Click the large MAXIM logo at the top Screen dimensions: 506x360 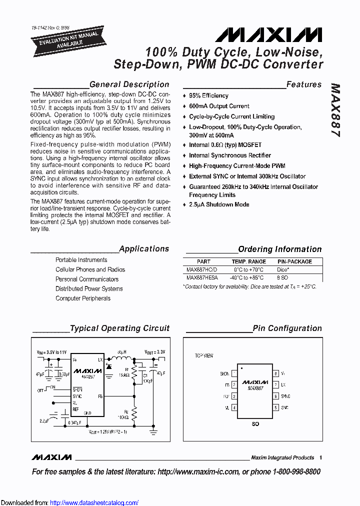coord(268,34)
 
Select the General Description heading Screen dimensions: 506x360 coord(129,84)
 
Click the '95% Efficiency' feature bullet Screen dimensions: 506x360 coord(208,95)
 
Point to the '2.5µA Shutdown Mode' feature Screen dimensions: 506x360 coord(219,204)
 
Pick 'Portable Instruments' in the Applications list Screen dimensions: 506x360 coord(81,260)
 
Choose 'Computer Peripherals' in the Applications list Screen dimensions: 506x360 coord(83,298)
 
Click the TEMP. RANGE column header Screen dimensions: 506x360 coord(248,261)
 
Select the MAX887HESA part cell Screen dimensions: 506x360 coord(202,277)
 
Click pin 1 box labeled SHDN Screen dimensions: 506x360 coord(234,373)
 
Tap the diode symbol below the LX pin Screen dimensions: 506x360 coord(109,366)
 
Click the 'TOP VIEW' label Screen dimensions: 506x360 coord(204,355)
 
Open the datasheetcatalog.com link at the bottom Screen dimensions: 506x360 coord(94,502)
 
